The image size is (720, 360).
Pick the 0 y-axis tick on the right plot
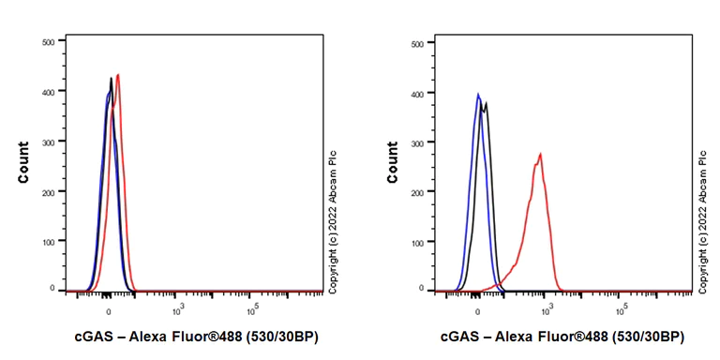pos(421,290)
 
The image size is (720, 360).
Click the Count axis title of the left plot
pos(22,161)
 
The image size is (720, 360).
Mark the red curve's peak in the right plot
pos(541,155)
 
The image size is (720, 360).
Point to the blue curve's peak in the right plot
pos(478,94)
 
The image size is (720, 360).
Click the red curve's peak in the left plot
pos(118,75)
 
